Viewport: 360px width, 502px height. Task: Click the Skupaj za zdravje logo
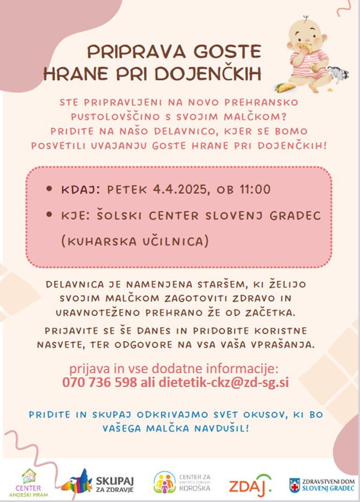pyautogui.click(x=98, y=482)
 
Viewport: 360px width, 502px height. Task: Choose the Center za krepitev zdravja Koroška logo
pyautogui.click(x=182, y=482)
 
